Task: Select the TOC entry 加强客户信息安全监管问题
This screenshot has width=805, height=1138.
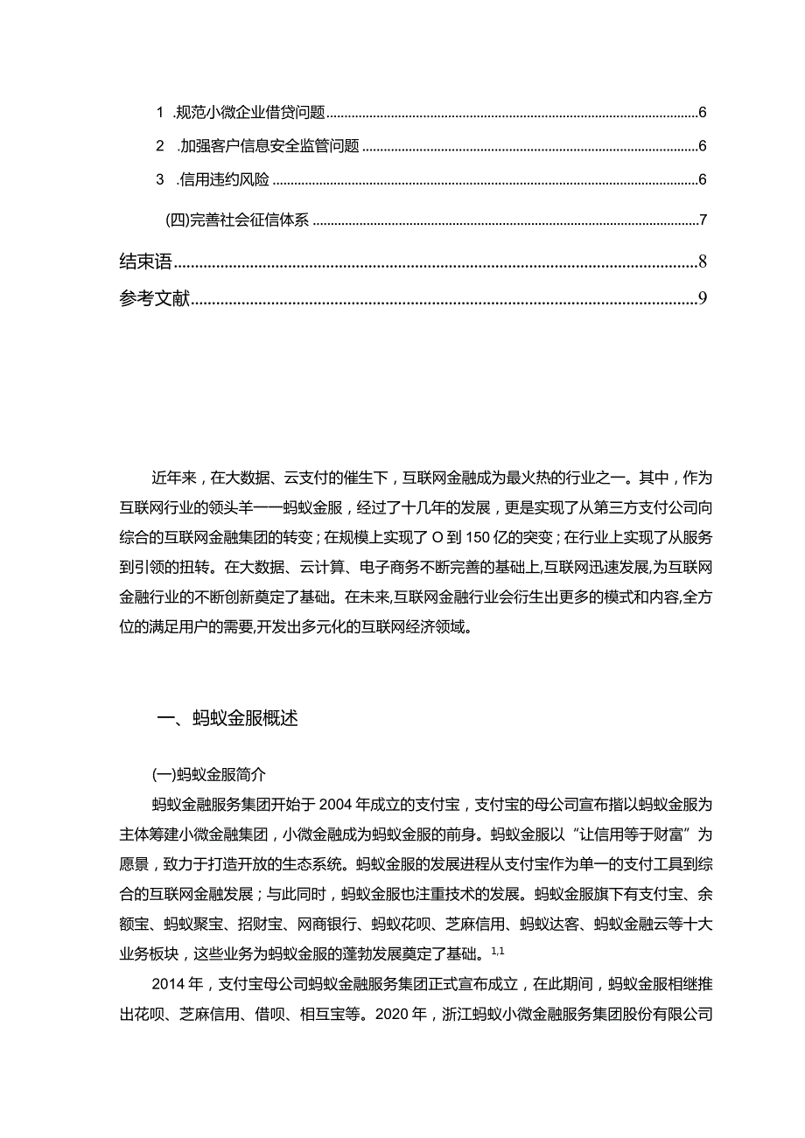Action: coord(269,146)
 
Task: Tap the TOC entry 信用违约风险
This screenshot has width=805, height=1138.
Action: coord(223,180)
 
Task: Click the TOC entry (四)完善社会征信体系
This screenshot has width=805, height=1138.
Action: coord(237,220)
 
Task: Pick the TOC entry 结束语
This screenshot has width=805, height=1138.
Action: coord(144,262)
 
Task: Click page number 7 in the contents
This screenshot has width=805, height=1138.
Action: coord(703,220)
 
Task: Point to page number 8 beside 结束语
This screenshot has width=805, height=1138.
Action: coord(703,262)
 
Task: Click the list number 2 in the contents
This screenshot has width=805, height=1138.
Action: coord(160,146)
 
